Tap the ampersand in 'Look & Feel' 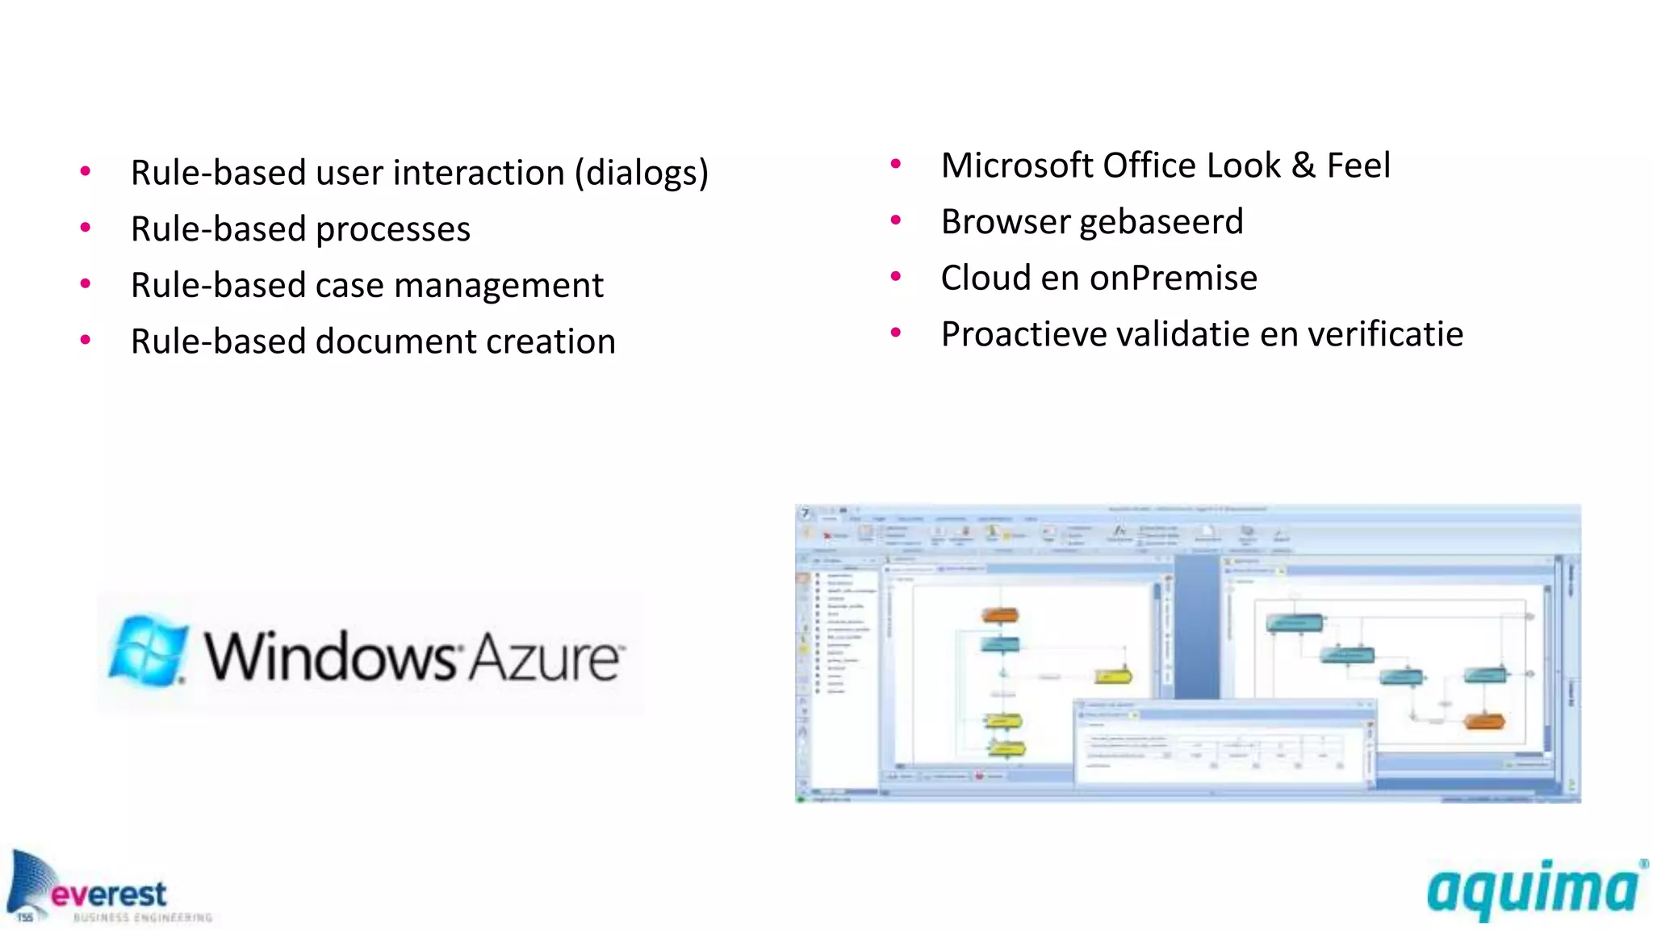1303,166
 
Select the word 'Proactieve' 1023,334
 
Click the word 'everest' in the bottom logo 109,894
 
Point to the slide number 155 25,917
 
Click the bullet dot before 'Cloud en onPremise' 895,277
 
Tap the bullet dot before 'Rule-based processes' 86,228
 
